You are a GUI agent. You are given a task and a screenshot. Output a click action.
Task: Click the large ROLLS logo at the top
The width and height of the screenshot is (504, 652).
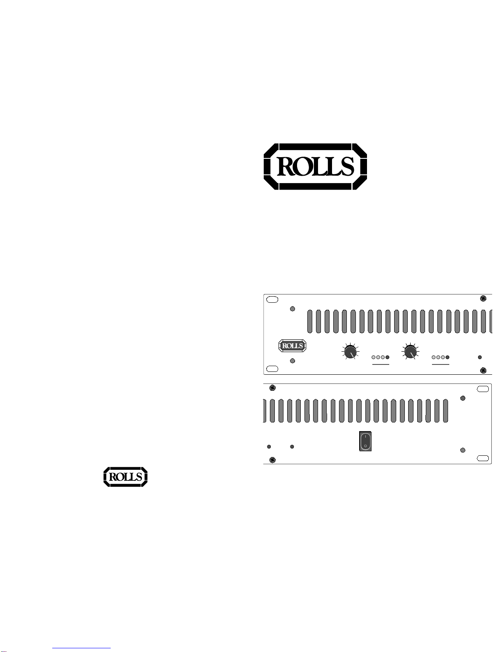click(315, 167)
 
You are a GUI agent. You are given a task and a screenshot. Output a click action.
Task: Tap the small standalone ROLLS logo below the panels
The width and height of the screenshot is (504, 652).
click(125, 477)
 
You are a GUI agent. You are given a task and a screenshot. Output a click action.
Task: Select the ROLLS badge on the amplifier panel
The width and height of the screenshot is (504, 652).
click(292, 346)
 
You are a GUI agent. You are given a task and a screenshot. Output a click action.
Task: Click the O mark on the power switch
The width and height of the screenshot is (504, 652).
click(365, 446)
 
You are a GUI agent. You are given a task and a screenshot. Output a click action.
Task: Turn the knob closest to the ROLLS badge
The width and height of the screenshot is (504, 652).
click(350, 351)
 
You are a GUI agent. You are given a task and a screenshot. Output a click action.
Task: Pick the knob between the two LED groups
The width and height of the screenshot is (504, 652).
click(410, 351)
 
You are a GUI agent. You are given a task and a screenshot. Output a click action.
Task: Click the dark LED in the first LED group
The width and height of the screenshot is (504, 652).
click(387, 357)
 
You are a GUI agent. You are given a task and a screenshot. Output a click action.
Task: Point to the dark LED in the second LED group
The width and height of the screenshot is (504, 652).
click(447, 357)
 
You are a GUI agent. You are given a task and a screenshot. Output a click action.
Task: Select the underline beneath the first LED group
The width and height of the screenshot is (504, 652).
click(381, 364)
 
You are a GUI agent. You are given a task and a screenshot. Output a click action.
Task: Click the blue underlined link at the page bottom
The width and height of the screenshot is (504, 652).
click(81, 648)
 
